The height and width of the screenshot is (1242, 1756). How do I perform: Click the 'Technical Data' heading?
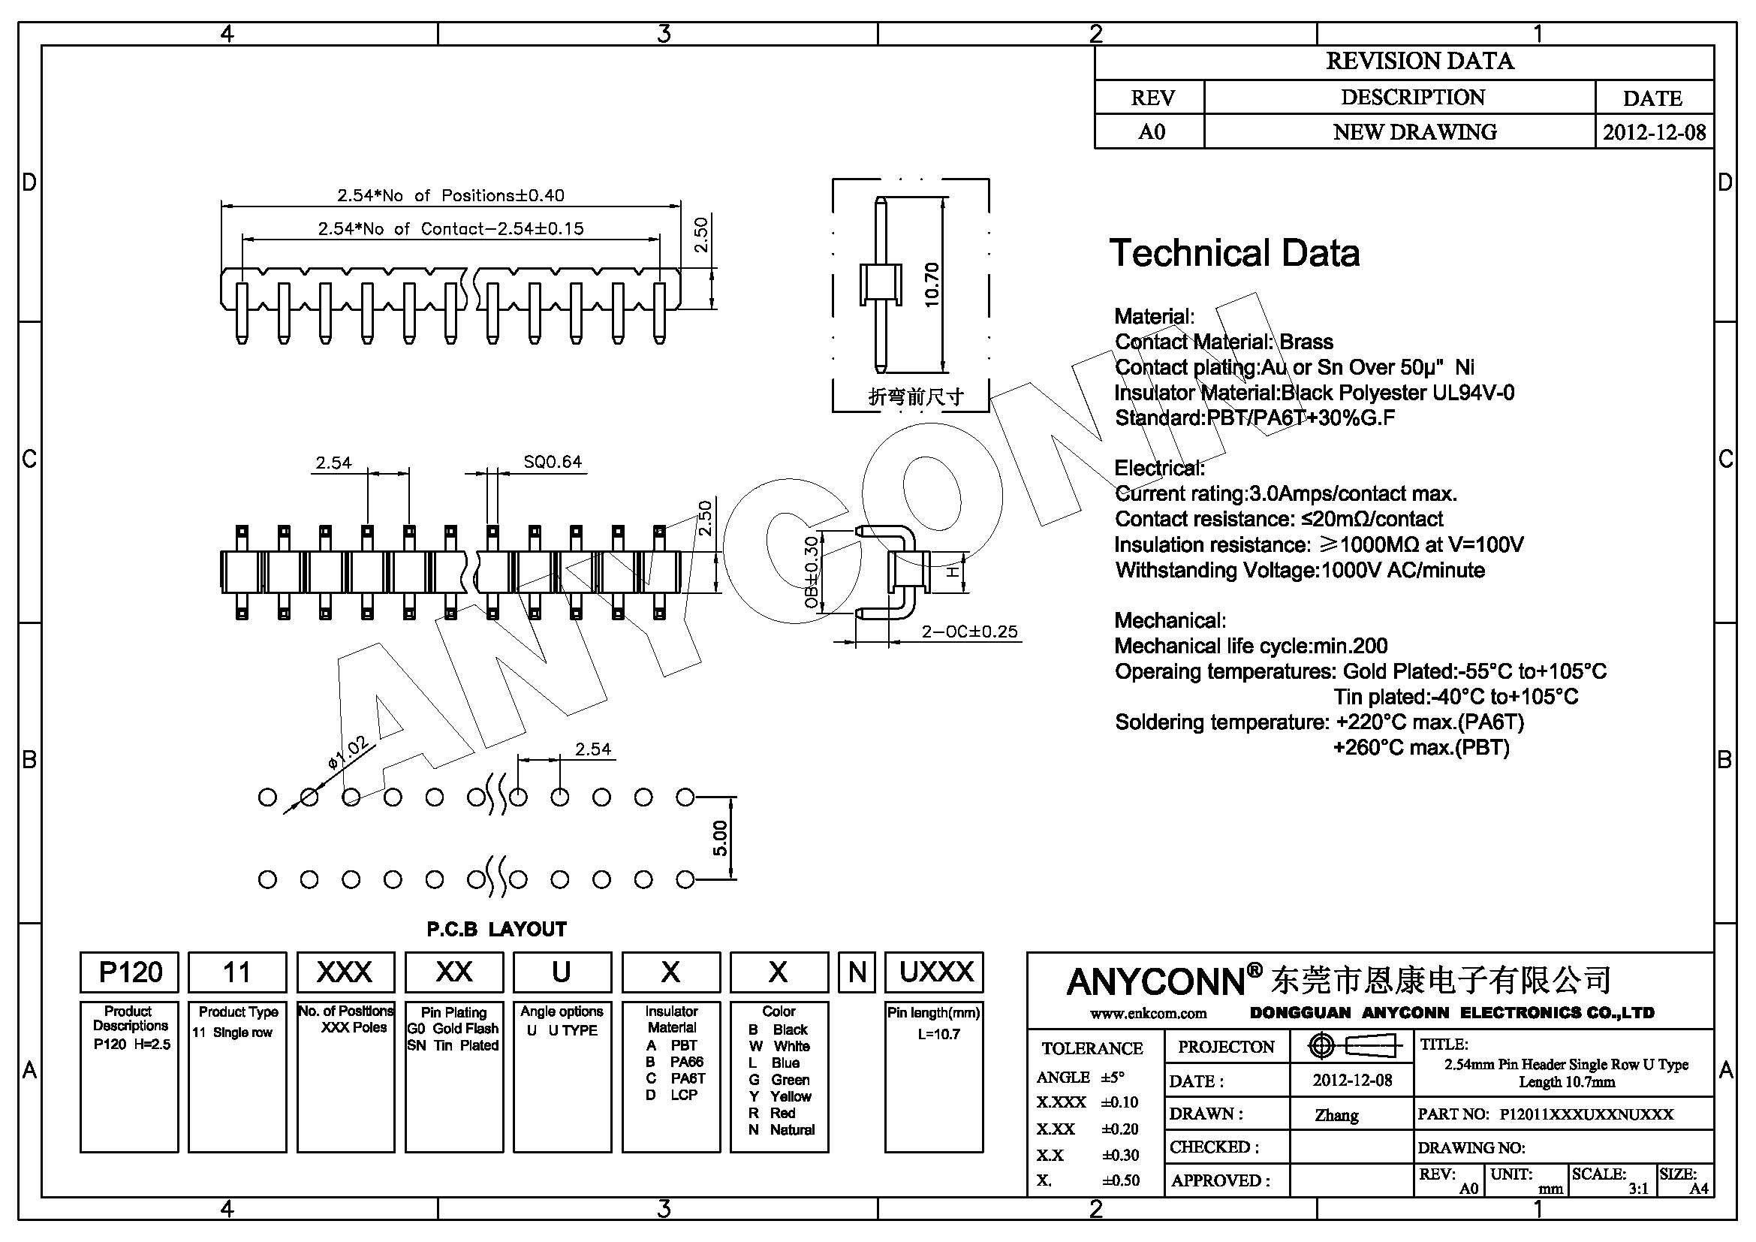pos(1233,253)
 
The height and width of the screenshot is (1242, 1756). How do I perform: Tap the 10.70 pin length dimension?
pos(932,285)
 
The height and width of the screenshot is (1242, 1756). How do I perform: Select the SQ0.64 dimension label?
pos(553,462)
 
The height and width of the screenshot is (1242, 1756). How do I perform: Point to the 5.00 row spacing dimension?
pos(720,838)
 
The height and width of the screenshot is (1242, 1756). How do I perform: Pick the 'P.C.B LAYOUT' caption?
pos(496,929)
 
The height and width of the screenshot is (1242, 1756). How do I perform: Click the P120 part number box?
pos(129,972)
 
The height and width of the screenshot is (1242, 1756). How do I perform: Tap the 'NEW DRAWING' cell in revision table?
pos(1414,132)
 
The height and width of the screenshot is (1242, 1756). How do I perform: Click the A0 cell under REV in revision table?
pos(1151,132)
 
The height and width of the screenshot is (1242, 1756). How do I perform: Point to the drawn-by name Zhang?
pos(1336,1115)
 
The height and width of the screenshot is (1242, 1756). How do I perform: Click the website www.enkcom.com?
pos(1148,1014)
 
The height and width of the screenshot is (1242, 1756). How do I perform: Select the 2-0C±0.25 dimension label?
pos(969,632)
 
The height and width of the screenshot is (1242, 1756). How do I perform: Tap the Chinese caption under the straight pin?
pos(915,397)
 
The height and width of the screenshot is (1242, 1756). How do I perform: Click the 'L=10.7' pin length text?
pos(938,1034)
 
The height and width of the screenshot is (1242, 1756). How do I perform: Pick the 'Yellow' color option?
pos(790,1096)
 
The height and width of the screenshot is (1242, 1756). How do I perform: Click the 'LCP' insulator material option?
pos(684,1095)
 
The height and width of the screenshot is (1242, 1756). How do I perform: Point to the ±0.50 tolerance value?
pos(1120,1180)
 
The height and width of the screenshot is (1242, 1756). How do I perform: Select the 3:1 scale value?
pos(1638,1189)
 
